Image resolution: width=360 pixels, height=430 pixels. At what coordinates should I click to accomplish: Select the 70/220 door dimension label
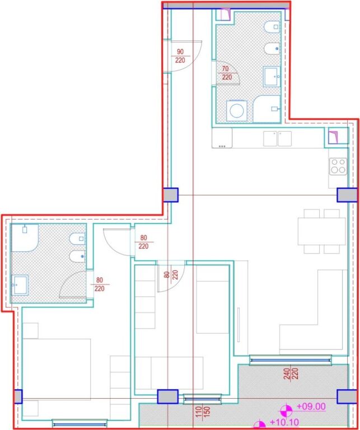(226, 73)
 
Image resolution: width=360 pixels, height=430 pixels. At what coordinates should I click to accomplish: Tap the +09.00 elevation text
(312, 406)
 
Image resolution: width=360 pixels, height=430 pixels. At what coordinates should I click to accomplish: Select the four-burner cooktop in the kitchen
(338, 166)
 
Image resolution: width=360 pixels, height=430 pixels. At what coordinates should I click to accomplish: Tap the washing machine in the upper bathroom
(236, 110)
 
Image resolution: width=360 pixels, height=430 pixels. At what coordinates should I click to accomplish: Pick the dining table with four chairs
(321, 231)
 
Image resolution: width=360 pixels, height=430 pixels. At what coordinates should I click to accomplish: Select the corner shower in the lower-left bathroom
(25, 237)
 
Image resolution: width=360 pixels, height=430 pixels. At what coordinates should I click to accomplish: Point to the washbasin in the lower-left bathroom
(22, 284)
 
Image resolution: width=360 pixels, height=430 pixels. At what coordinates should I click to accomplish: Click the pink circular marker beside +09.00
(287, 409)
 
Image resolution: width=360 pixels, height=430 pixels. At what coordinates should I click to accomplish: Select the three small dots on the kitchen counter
(222, 146)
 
